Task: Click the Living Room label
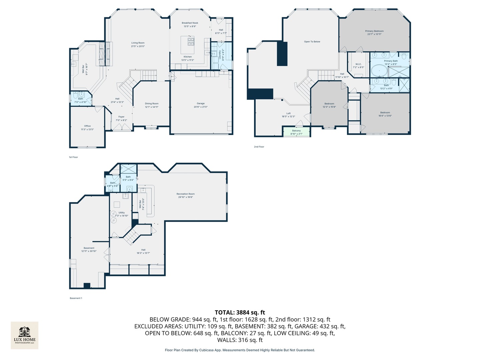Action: [138, 43]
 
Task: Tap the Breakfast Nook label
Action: [190, 23]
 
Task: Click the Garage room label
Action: [200, 104]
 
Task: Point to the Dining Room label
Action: [151, 104]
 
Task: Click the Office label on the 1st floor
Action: [87, 126]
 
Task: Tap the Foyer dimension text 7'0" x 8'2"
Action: [121, 120]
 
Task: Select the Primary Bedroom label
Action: [374, 31]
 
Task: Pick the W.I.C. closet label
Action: [358, 64]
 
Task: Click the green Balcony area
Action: [296, 132]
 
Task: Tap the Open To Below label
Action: [312, 42]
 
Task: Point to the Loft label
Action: [288, 113]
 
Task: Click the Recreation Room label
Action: [185, 194]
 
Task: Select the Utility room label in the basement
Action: [122, 212]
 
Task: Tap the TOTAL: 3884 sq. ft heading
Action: [240, 312]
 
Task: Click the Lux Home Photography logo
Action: [25, 335]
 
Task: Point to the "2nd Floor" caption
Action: [259, 147]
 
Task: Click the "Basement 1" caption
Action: [76, 298]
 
